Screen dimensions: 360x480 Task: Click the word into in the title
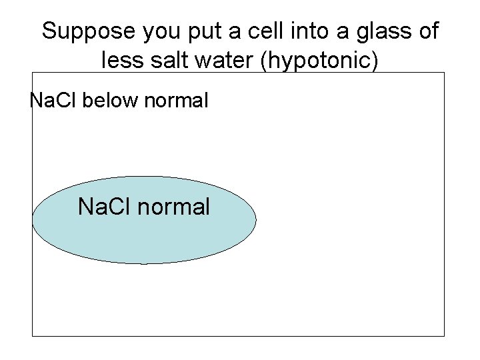tap(306, 31)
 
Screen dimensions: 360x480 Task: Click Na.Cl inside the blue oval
tap(105, 207)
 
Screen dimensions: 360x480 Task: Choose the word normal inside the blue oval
tap(173, 207)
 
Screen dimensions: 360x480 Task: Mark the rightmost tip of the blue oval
tap(256, 220)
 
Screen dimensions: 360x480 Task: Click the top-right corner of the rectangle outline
tap(444, 73)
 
